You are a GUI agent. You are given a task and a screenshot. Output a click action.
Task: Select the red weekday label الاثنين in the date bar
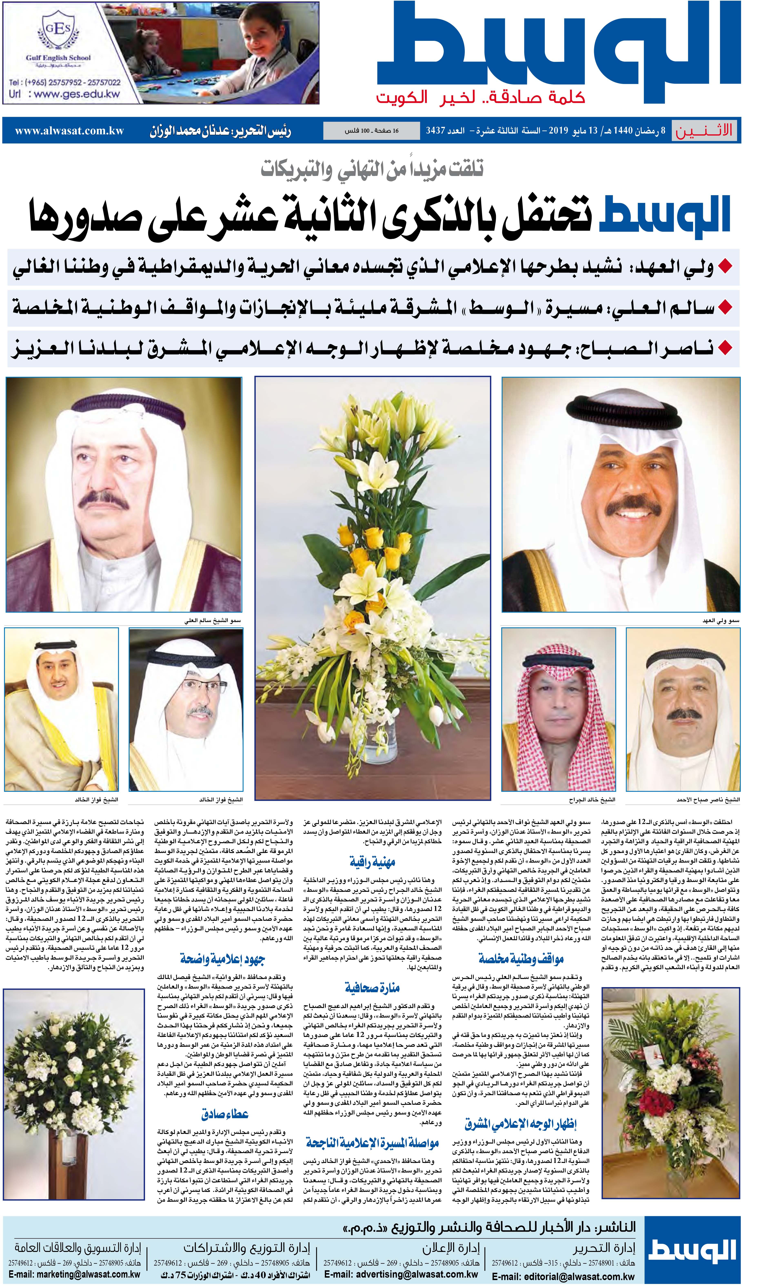click(x=704, y=130)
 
